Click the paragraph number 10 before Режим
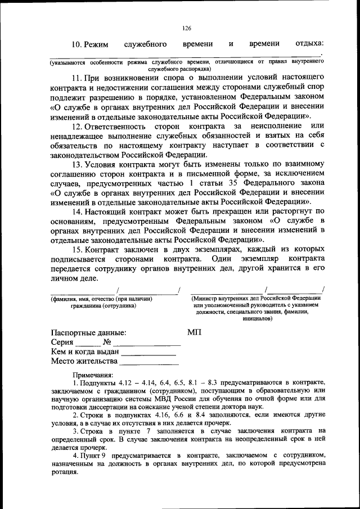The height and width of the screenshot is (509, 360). (78, 44)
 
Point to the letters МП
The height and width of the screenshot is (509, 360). (194, 333)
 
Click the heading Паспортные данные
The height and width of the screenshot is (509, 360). (88, 333)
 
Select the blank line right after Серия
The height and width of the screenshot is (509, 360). (88, 344)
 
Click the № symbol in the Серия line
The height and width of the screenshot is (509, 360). (107, 343)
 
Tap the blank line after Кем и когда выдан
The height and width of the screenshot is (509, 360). (148, 354)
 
